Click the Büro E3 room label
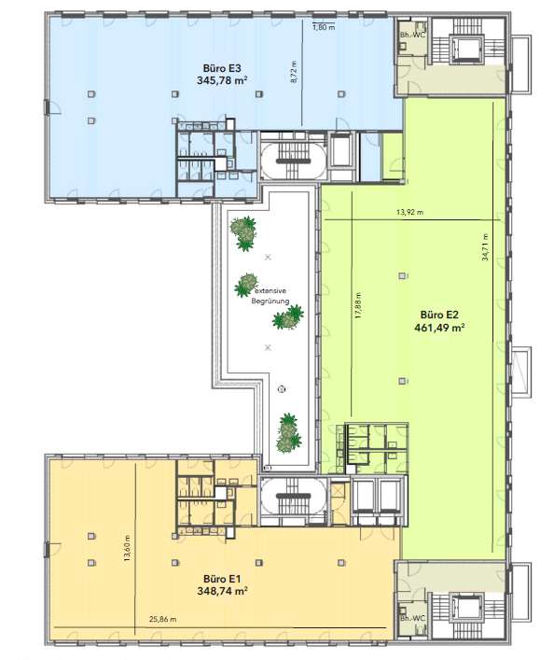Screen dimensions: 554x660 click(222, 68)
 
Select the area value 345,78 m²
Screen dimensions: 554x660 click(222, 80)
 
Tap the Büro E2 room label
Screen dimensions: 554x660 click(439, 315)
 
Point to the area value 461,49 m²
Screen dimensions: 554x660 click(439, 327)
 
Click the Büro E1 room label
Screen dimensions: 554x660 click(222, 579)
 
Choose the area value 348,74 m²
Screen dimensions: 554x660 click(222, 591)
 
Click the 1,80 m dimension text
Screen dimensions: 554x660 click(324, 28)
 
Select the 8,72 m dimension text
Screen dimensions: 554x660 click(294, 72)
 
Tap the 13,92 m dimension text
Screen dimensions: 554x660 click(409, 212)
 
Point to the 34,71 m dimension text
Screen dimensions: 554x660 click(485, 247)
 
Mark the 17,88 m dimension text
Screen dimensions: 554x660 click(357, 305)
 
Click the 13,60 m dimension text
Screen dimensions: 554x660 click(127, 548)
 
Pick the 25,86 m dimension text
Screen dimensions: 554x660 click(162, 619)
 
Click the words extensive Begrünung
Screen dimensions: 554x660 click(270, 296)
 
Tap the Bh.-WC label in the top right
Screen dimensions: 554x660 click(412, 35)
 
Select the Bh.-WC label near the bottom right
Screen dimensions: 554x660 click(412, 618)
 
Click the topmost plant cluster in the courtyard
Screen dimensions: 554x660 click(243, 232)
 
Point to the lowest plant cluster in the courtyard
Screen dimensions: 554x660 click(288, 433)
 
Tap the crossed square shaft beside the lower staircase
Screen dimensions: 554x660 click(338, 491)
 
